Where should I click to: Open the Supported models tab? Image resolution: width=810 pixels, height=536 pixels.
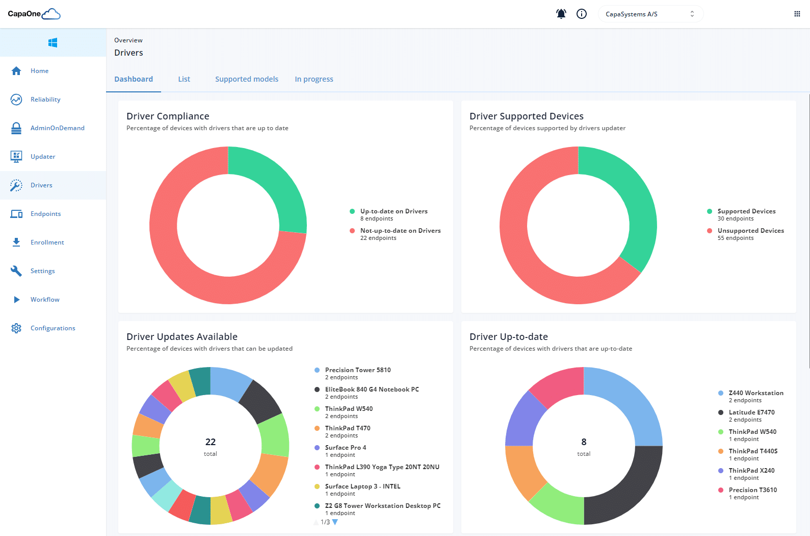coord(247,79)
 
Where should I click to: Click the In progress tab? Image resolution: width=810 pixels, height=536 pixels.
coord(314,79)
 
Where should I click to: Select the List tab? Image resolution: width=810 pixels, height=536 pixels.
coord(184,79)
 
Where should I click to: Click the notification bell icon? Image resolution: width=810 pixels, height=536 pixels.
coord(561,14)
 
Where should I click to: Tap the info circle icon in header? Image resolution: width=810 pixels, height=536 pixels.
coord(582,14)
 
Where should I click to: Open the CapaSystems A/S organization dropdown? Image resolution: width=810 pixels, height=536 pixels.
coord(650,14)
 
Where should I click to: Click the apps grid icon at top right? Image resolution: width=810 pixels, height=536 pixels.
coord(797,14)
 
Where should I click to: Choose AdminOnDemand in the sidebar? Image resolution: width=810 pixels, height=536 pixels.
coord(57,128)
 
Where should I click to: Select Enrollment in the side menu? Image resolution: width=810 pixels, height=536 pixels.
coord(47,242)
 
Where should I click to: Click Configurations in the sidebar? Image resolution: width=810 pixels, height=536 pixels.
coord(53,328)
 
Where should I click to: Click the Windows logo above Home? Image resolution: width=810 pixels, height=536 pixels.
coord(53,43)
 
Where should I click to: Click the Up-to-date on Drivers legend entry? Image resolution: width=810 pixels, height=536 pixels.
coord(394,211)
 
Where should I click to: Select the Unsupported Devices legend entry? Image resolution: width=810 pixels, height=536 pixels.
coord(750,231)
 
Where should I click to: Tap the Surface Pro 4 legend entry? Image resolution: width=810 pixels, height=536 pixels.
coord(345,448)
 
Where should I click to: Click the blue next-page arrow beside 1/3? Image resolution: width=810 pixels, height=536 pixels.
coord(335,522)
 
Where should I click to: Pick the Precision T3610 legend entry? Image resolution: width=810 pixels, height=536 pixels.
coord(752,490)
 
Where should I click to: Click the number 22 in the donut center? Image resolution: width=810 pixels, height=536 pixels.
coord(211,442)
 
